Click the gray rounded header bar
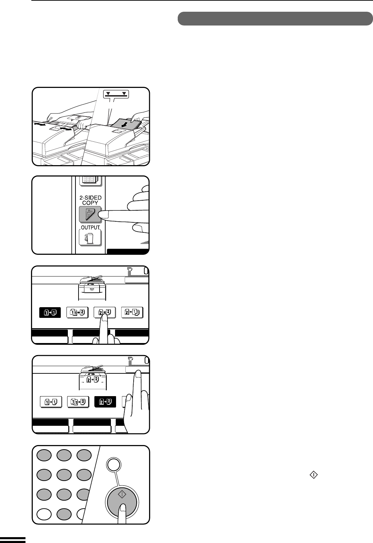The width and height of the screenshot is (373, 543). coord(275,18)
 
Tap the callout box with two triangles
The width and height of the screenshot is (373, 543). coord(116,94)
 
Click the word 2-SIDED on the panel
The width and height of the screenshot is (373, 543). coord(91,198)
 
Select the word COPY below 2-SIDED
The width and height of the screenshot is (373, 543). coord(90,203)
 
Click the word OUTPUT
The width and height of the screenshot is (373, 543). coord(90,228)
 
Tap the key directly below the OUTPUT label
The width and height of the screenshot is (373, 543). coord(90,238)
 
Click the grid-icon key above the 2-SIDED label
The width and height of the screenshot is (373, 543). coord(90,181)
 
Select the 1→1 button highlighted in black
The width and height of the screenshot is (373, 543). coord(50,312)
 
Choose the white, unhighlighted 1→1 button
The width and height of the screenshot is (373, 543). coord(51,402)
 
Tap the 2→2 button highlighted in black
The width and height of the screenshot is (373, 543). coord(105,402)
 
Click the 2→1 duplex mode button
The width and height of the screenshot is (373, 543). coord(132,312)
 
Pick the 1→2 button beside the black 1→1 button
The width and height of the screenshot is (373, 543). coord(77,312)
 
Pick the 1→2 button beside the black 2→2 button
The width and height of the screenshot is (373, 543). coord(78,402)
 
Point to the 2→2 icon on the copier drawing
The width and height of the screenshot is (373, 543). coord(93,380)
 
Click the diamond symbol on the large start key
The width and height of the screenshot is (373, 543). coord(122,494)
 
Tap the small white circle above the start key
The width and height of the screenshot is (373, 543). coord(113,464)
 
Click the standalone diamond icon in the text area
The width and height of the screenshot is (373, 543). coord(314,475)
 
